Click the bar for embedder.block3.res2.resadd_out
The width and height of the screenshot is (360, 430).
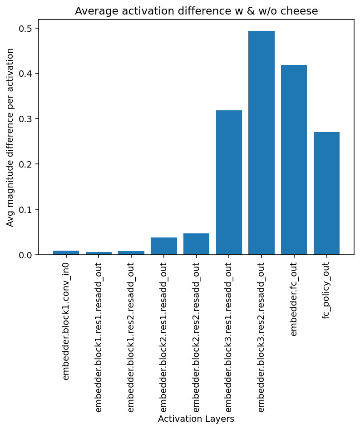pyautogui.click(x=261, y=143)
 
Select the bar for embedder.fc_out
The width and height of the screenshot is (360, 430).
pyautogui.click(x=294, y=160)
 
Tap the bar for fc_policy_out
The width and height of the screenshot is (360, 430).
pyautogui.click(x=326, y=193)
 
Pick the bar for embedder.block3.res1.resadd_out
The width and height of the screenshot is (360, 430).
pyautogui.click(x=229, y=183)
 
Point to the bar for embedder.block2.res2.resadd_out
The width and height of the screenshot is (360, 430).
pyautogui.click(x=196, y=244)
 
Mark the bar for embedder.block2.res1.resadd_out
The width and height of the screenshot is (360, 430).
pyautogui.click(x=164, y=246)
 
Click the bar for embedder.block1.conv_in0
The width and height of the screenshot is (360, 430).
pyautogui.click(x=66, y=253)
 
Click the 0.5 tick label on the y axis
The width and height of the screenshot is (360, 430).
pyautogui.click(x=26, y=29)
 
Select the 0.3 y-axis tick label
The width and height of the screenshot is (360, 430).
pyautogui.click(x=26, y=119)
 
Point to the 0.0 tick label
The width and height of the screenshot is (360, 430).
pyautogui.click(x=26, y=255)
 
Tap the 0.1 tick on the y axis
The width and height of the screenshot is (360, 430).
pyautogui.click(x=26, y=210)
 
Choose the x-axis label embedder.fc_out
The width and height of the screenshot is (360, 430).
pyautogui.click(x=294, y=299)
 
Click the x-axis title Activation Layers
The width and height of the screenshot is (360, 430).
pyautogui.click(x=196, y=419)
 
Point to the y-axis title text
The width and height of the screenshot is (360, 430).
pyautogui.click(x=10, y=137)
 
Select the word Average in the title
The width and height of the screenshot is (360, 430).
pyautogui.click(x=92, y=11)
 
